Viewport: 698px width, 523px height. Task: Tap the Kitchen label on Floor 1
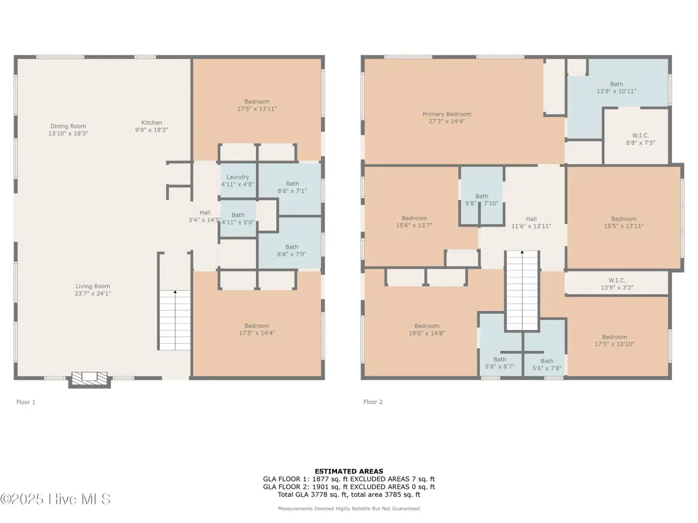coord(152,123)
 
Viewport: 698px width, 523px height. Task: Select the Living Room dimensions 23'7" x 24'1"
coord(93,294)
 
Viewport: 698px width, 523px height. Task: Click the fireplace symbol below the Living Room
coord(89,380)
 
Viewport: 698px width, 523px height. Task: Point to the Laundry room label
coord(238,177)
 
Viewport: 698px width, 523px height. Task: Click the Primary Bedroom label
coord(447,114)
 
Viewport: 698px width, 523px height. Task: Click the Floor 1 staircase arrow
coord(175,291)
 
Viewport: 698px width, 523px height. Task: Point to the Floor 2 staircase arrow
coord(522,252)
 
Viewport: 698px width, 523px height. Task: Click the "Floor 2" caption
coord(373,402)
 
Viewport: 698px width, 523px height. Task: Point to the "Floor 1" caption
coord(26,402)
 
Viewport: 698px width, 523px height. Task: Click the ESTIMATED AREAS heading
coord(349,471)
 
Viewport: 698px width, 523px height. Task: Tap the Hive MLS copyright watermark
coord(55,499)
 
